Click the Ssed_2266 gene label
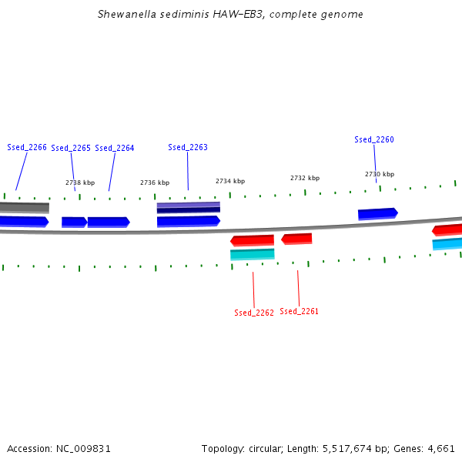point(27,147)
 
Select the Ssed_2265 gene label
point(71,148)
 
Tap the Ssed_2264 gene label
point(115,148)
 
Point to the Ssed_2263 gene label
point(188,147)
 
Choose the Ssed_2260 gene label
point(374,139)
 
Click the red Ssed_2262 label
point(254,313)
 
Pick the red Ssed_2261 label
point(300,311)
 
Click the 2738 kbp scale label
point(80,182)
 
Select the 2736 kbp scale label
point(155,182)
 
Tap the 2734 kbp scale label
point(230,181)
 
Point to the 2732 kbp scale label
point(305,178)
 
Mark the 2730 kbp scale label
point(380,174)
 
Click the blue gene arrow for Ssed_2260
point(377,213)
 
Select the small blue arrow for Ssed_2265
point(74,222)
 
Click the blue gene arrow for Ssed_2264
point(108,222)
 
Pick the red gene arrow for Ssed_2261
point(296,239)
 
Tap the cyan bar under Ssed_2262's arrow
point(252,254)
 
